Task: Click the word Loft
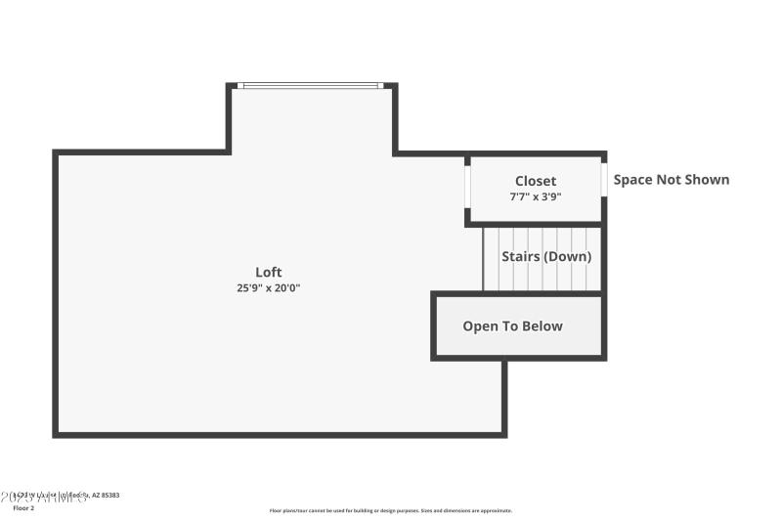269,272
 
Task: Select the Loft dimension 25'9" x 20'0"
269,288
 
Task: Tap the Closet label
536,181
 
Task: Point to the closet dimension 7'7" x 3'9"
536,196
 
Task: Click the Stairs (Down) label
546,256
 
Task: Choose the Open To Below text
512,326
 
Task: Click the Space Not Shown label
671,180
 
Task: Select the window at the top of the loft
311,86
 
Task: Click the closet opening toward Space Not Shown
604,183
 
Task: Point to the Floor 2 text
23,508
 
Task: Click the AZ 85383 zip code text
106,497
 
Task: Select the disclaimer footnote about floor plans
390,510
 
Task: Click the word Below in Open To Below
543,326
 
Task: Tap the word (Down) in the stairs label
568,256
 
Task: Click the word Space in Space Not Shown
632,180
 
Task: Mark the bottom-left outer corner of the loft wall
56,434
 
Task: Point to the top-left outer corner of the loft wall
56,152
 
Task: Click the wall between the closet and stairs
536,224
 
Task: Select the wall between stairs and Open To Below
518,293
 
